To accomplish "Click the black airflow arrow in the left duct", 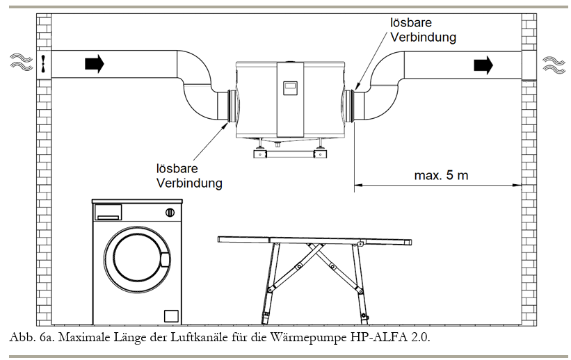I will (x=94, y=65).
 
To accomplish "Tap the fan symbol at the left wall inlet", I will (x=43, y=64).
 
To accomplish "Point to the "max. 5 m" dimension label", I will (x=441, y=175).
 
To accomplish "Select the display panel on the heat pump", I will (x=289, y=88).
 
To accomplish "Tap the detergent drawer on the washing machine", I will (x=108, y=211).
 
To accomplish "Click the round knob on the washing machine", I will (x=169, y=211).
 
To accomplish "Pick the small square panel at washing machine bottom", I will (x=170, y=314).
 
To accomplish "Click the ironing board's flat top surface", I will (x=313, y=240).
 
